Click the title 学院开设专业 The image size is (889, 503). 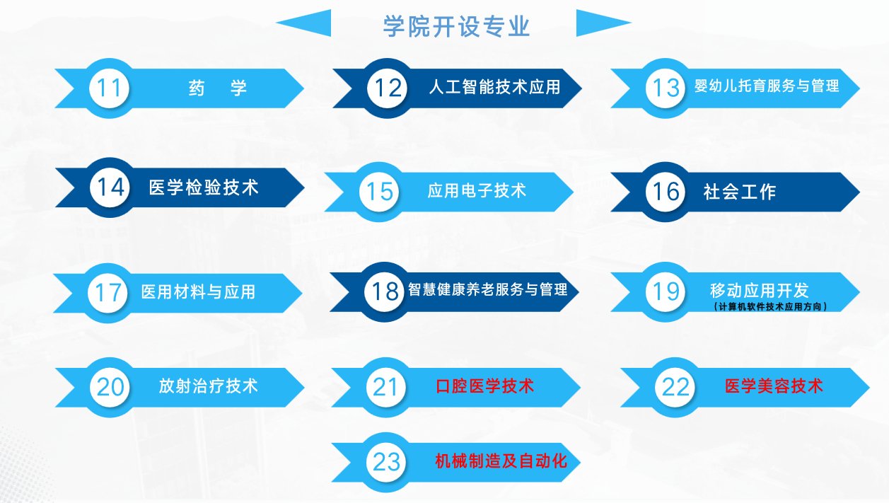[456, 26]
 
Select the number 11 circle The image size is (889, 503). [109, 88]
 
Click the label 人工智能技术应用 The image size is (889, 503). [494, 87]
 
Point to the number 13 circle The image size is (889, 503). [666, 88]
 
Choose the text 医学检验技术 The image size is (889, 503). [204, 187]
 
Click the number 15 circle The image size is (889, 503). [379, 192]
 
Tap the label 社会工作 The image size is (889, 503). [740, 192]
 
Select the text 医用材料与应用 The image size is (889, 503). [198, 291]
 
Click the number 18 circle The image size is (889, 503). [384, 291]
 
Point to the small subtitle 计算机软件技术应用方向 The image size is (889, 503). [770, 306]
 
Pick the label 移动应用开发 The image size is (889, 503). [760, 290]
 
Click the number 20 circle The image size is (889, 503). [110, 387]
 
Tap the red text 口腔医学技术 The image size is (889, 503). [485, 386]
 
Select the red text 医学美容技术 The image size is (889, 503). [774, 386]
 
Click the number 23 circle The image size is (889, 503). [386, 462]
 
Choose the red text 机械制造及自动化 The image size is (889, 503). [501, 461]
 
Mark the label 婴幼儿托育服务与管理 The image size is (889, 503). [767, 86]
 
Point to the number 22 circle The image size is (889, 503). [675, 387]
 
